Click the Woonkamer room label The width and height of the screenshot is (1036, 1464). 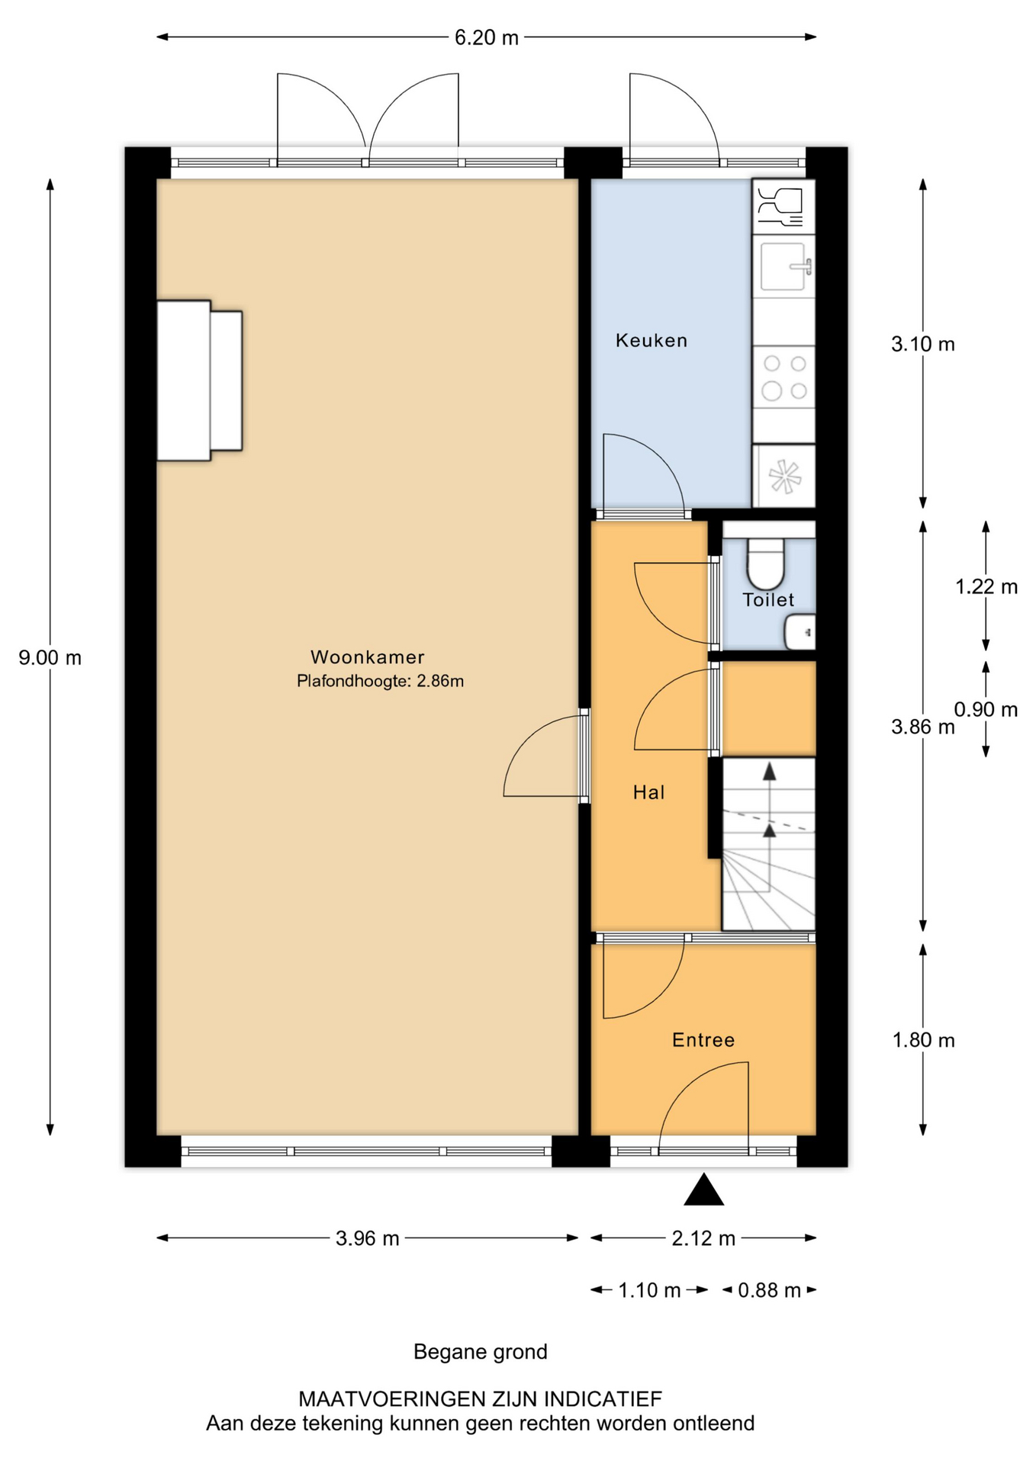point(367,657)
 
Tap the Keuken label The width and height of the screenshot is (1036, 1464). point(652,340)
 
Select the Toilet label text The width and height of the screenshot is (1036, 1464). point(768,600)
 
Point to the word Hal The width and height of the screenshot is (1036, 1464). point(648,792)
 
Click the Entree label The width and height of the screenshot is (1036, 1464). point(703,1040)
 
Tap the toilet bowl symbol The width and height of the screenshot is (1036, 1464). point(766,563)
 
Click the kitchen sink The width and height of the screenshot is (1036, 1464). point(783,266)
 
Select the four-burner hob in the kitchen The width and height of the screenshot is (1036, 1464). point(784,377)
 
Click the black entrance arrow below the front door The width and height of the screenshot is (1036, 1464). point(703,1189)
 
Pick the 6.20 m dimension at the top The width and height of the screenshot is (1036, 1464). point(487,37)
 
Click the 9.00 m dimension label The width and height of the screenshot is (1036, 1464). point(50,657)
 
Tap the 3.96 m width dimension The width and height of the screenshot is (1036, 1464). point(368,1238)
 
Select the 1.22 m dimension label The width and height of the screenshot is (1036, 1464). point(986,586)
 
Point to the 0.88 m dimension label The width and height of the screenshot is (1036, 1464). point(769,1290)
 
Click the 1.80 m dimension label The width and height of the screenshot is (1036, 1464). point(924,1040)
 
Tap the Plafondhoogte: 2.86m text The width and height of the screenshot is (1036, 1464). point(380,681)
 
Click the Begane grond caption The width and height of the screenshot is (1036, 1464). point(481,1352)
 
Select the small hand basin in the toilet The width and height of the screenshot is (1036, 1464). point(800,632)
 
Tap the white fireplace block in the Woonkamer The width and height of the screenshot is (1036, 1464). point(198,380)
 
